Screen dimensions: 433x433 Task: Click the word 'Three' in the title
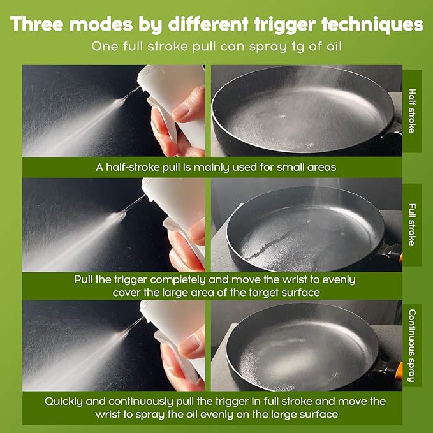click(37, 24)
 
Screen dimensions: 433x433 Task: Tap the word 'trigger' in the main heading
click(284, 25)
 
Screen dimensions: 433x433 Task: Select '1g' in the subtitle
click(298, 47)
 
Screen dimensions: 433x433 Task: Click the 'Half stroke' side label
click(412, 111)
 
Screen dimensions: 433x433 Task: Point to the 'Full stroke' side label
click(412, 224)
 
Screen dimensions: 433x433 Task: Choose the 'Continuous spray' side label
click(412, 346)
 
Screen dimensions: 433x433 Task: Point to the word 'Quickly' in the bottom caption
click(64, 402)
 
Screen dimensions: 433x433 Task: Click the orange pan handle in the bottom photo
click(399, 371)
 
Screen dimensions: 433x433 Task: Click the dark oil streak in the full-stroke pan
click(272, 244)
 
